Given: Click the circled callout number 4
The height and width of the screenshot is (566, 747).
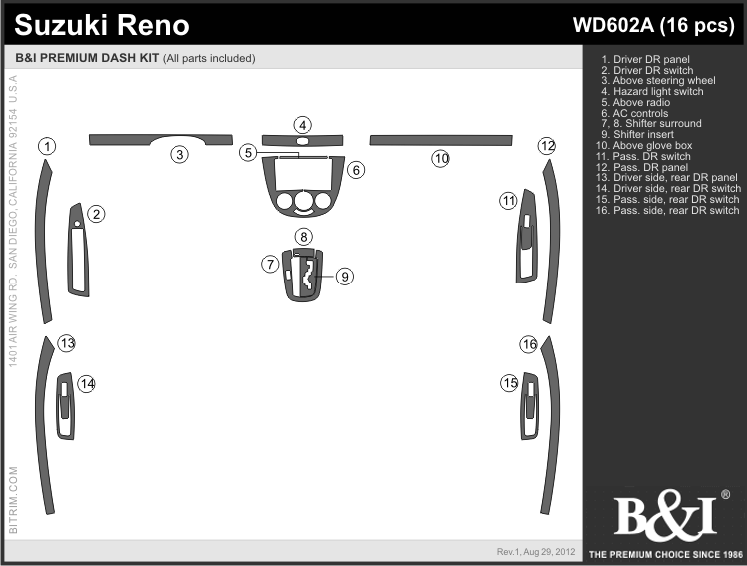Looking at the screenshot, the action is (302, 125).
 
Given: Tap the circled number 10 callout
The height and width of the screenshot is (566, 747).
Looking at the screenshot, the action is (441, 158).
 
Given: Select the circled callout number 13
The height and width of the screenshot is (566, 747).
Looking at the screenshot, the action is (67, 343).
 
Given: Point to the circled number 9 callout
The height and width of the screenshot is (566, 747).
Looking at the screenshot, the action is (345, 277).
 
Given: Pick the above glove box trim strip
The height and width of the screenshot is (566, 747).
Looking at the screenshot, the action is (441, 140).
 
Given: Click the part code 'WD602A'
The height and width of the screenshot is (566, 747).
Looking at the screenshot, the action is (613, 25).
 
